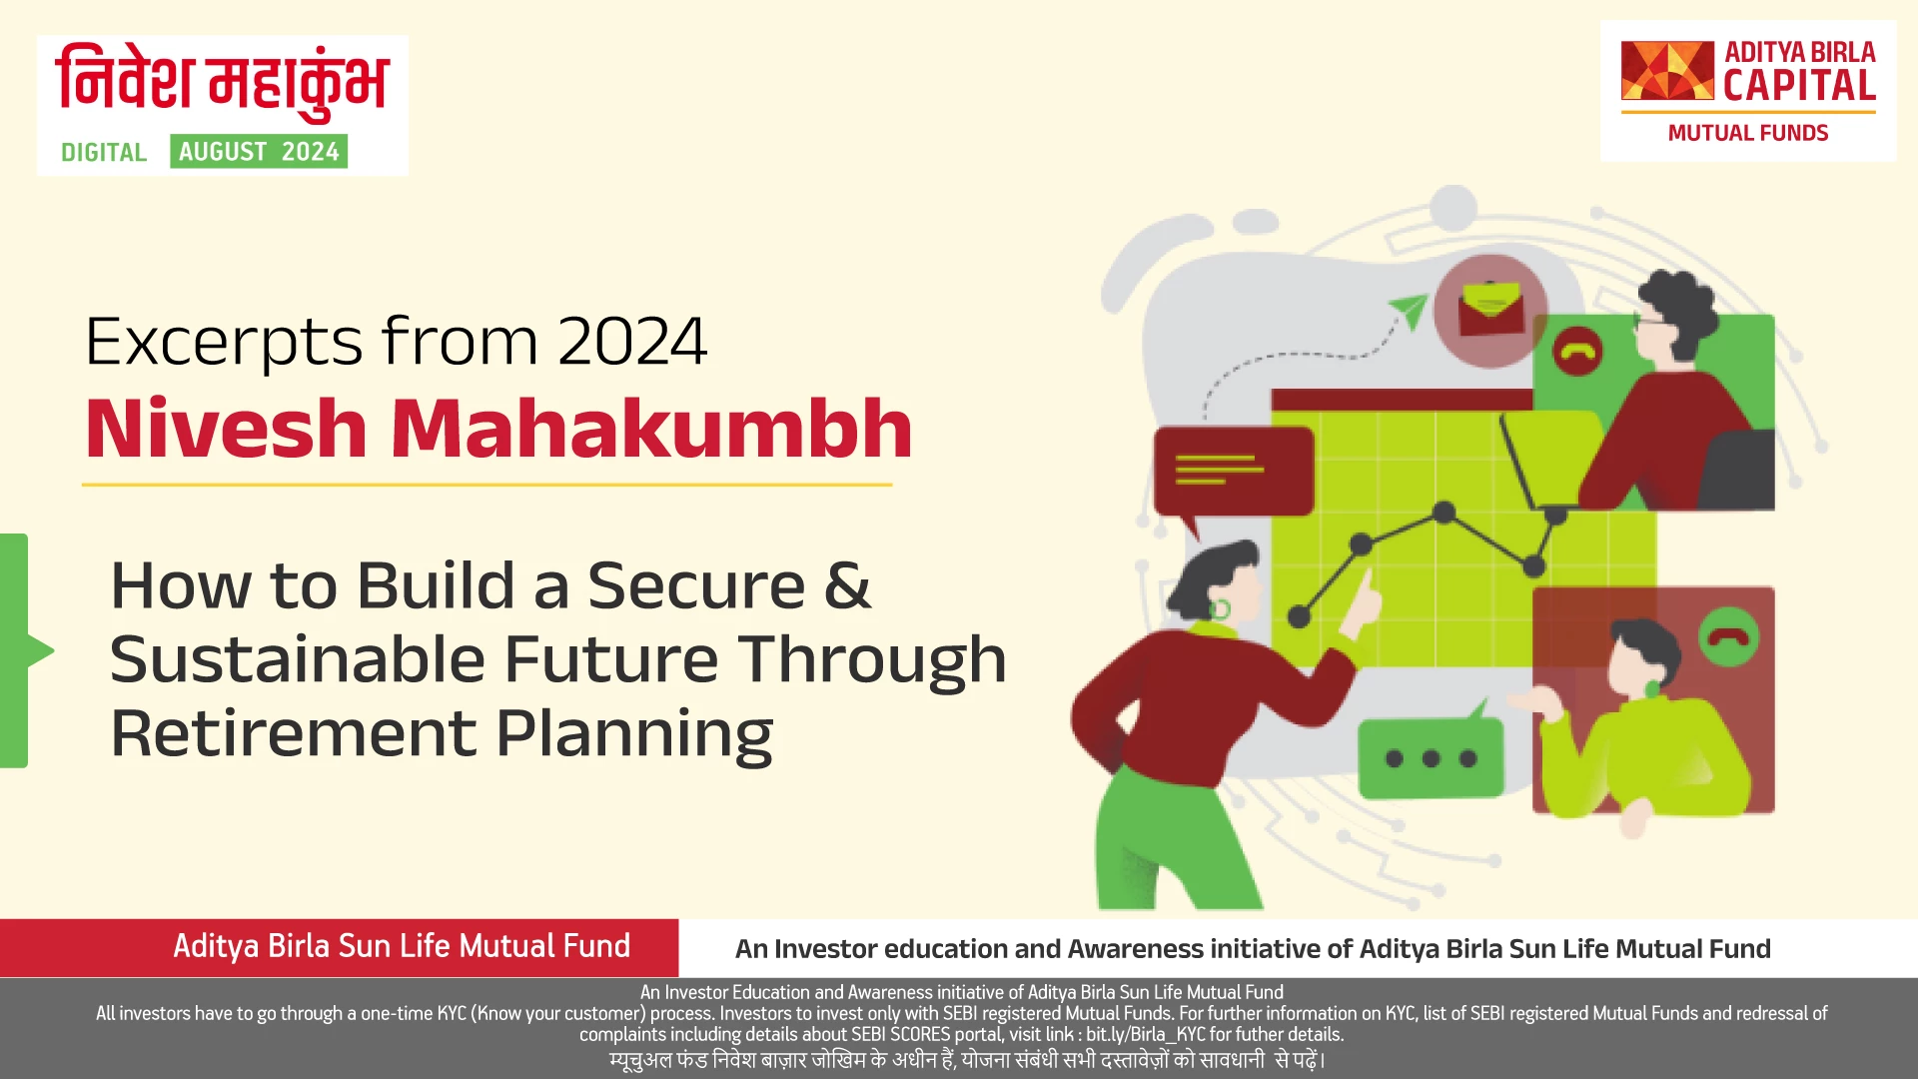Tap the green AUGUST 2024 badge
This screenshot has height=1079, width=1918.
click(259, 151)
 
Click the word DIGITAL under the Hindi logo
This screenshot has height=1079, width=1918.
click(104, 152)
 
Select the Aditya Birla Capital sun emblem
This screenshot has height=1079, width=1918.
click(1667, 70)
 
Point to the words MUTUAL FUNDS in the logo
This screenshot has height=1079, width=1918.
click(1748, 133)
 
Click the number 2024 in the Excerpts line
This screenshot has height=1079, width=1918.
click(632, 342)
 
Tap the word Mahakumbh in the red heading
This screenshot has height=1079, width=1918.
click(651, 428)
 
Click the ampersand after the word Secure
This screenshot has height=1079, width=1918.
click(847, 585)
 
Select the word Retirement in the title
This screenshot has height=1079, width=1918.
click(293, 733)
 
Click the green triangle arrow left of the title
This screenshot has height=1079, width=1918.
click(40, 650)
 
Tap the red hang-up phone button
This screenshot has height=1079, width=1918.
click(1577, 352)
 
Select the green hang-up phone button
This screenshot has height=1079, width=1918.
click(1728, 636)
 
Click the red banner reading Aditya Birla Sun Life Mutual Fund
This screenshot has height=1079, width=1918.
click(339, 947)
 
